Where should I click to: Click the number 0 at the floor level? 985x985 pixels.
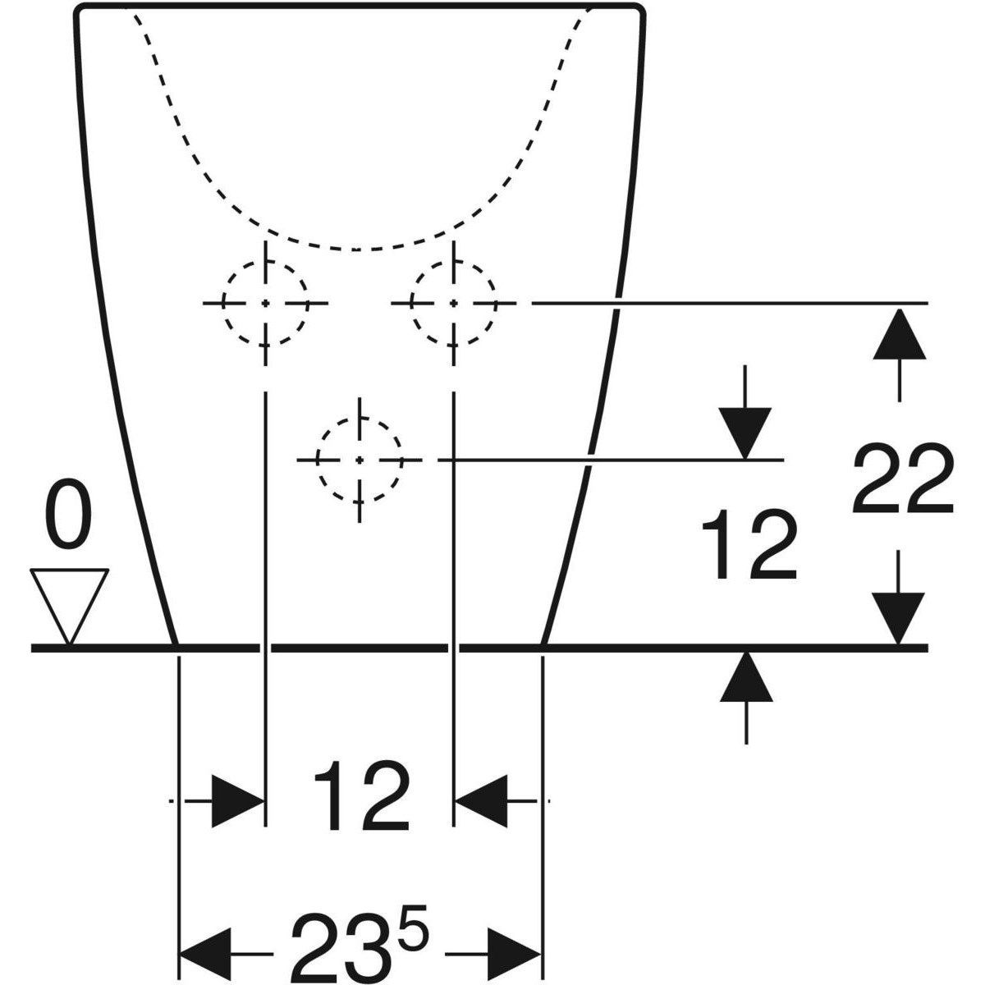(68, 514)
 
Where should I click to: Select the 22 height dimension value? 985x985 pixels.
(903, 479)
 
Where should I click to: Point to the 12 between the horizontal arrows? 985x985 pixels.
(361, 796)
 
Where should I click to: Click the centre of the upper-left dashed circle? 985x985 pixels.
(265, 303)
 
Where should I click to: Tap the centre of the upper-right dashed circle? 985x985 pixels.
(453, 303)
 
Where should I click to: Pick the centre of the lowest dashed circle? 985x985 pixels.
(360, 460)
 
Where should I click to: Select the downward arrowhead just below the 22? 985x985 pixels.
(898, 619)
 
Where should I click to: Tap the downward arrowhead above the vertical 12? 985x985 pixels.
(744, 433)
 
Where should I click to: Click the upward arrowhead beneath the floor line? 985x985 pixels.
(746, 677)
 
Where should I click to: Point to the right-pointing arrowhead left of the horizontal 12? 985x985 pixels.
(238, 801)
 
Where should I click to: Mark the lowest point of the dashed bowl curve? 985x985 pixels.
(356, 250)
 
